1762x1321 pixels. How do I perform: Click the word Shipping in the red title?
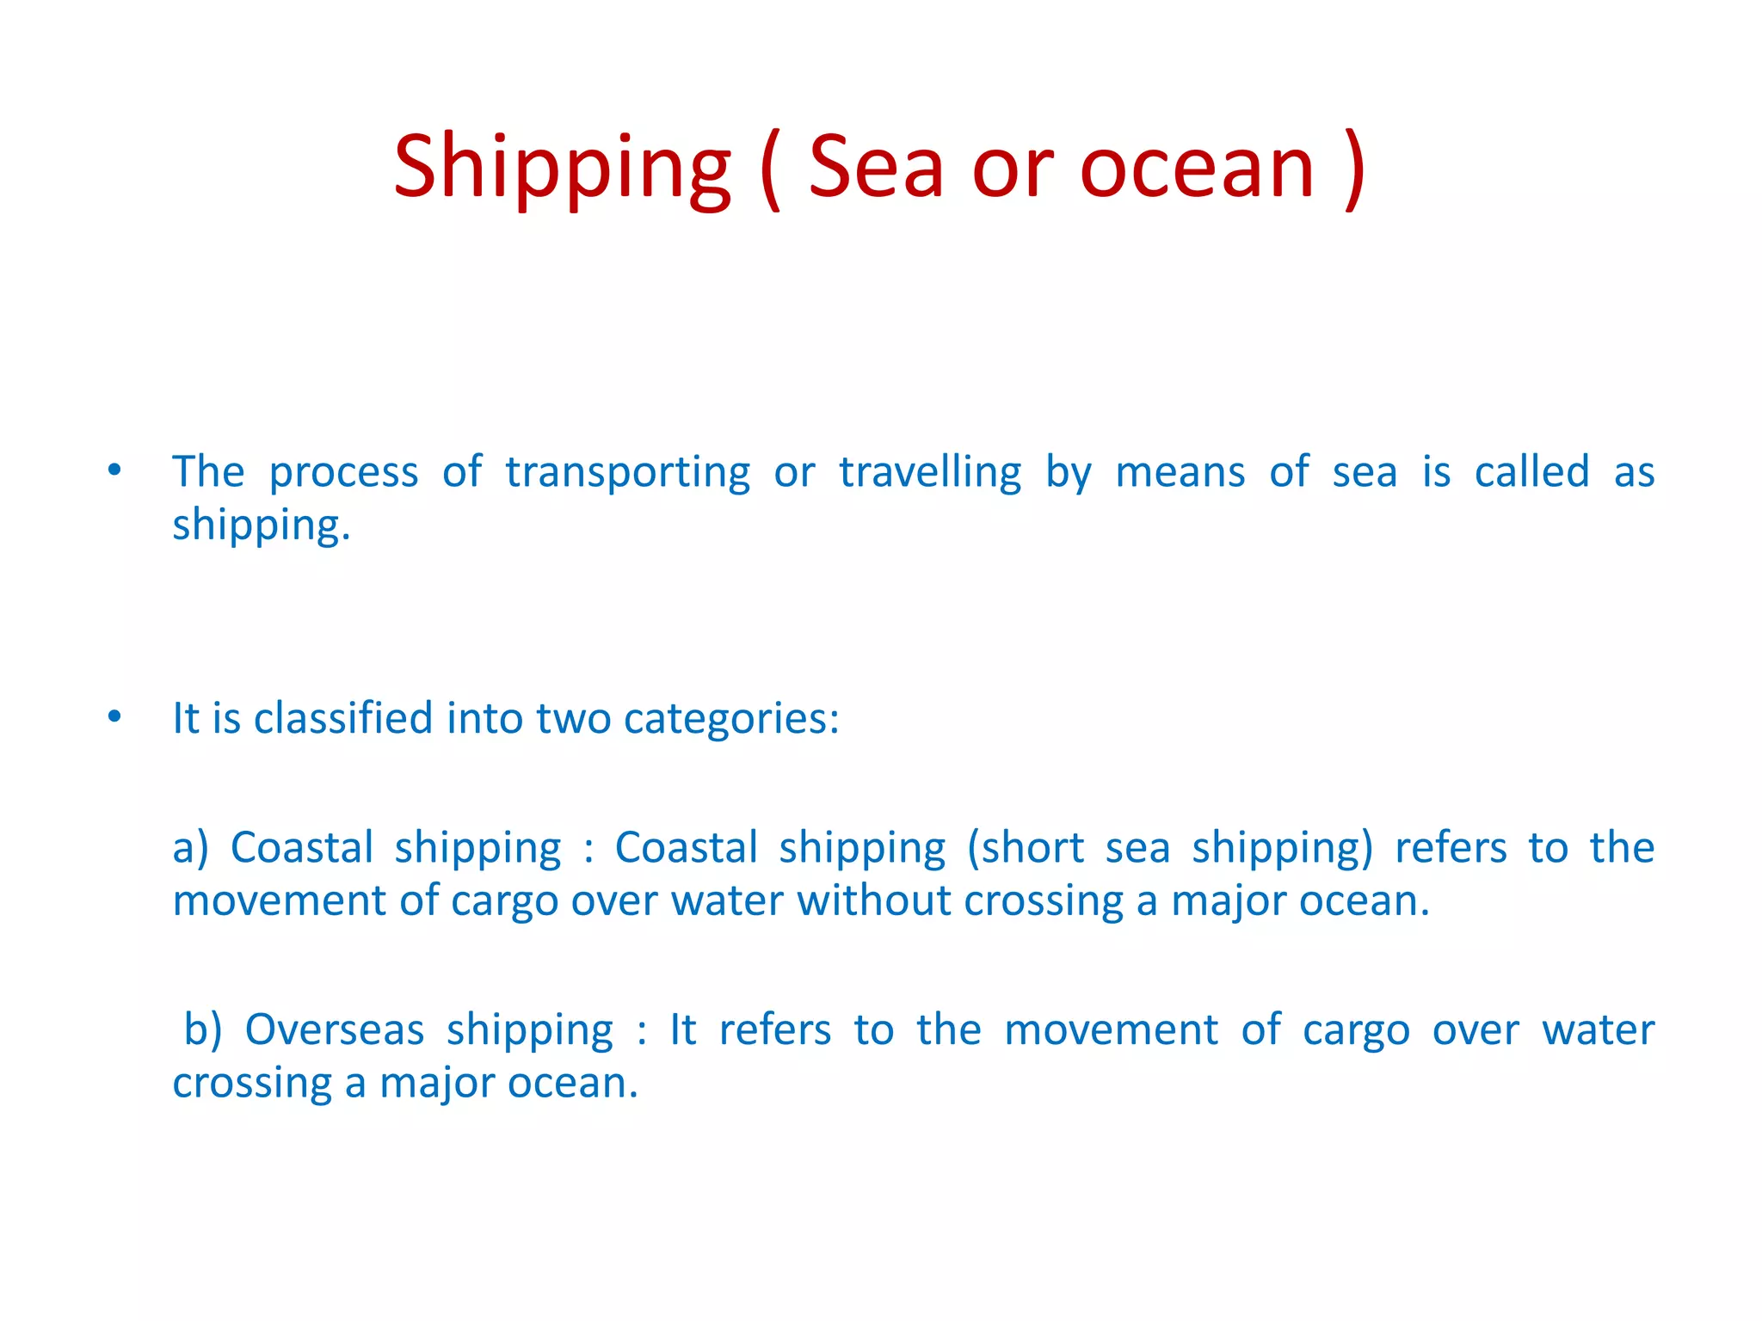pyautogui.click(x=562, y=169)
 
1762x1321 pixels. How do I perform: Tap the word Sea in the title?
pyautogui.click(x=876, y=167)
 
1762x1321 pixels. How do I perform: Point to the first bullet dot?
pyautogui.click(x=114, y=471)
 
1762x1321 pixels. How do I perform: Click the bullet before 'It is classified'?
pyautogui.click(x=114, y=717)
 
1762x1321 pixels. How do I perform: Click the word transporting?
pyautogui.click(x=627, y=473)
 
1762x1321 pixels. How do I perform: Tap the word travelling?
pyautogui.click(x=930, y=473)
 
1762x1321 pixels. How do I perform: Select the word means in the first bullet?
pyautogui.click(x=1180, y=473)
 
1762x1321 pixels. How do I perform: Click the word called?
pyautogui.click(x=1531, y=472)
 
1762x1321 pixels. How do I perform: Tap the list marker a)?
pyautogui.click(x=190, y=848)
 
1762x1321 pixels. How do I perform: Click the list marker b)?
pyautogui.click(x=203, y=1029)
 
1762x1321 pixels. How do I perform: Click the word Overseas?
pyautogui.click(x=335, y=1029)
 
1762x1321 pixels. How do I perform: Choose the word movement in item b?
pyautogui.click(x=1111, y=1029)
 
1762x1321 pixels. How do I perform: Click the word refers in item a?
pyautogui.click(x=1451, y=848)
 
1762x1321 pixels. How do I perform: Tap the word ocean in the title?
pyautogui.click(x=1197, y=169)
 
